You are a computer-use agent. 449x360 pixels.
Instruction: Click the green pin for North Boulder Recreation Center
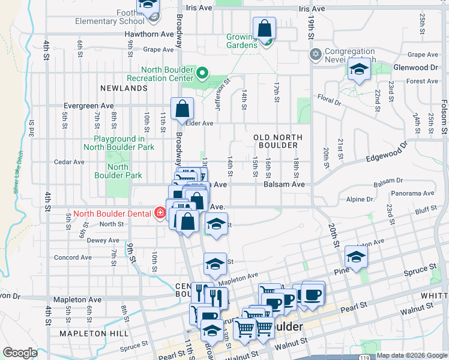click(x=202, y=74)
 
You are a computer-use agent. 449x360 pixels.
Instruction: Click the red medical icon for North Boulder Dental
click(x=160, y=212)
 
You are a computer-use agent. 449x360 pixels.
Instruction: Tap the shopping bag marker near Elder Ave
click(x=182, y=110)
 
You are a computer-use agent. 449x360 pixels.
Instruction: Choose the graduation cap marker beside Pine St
click(x=356, y=258)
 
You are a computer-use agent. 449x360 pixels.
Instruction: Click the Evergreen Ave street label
click(x=90, y=106)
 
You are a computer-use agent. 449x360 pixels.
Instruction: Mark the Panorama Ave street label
click(x=412, y=193)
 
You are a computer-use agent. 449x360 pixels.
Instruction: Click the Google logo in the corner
click(x=20, y=353)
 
